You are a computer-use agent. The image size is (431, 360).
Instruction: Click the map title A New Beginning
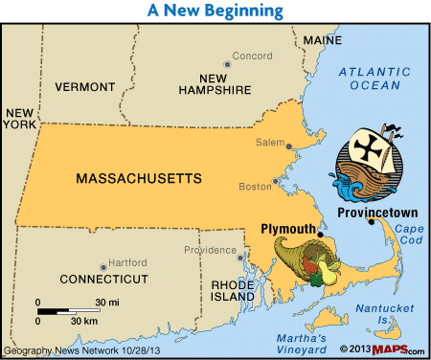215,11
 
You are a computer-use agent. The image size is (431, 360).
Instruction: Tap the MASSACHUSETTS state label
138,178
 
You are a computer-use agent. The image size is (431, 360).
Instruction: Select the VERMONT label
91,86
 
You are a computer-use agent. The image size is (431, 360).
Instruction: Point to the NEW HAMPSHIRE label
215,83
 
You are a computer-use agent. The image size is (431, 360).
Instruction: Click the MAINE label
322,40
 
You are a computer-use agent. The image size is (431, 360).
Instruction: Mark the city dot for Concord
227,64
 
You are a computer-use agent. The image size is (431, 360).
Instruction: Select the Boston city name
254,186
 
